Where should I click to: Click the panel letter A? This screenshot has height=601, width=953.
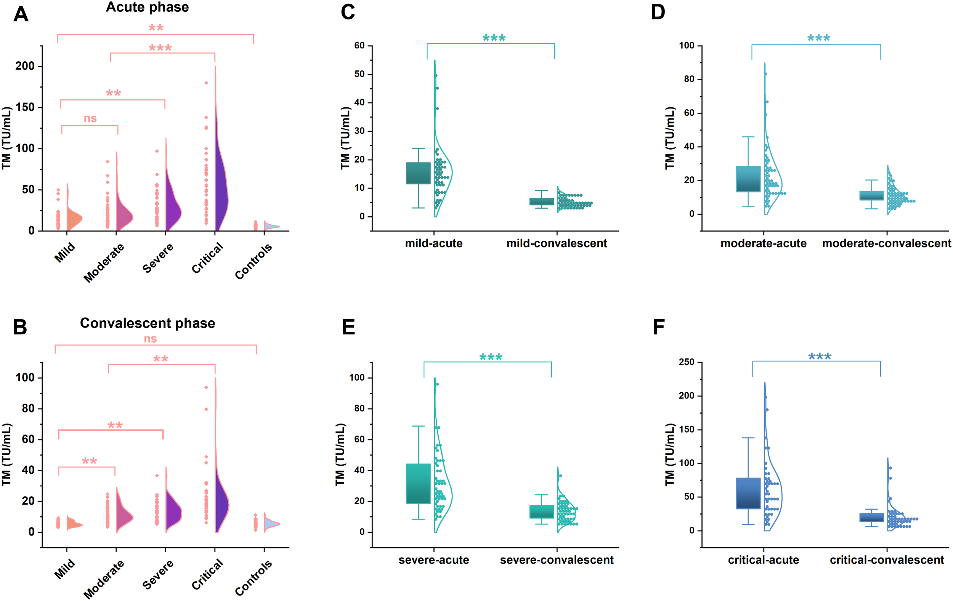point(21,14)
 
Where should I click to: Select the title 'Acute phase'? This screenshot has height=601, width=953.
point(147,7)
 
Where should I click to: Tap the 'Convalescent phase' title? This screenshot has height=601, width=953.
point(147,323)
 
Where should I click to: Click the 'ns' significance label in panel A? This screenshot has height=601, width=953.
point(90,118)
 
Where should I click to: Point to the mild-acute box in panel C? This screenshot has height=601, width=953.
point(418,173)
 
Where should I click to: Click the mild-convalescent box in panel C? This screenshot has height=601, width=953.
point(541,201)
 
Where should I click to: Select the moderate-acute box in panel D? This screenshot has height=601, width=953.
point(748,179)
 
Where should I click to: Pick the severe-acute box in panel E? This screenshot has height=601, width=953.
point(418,483)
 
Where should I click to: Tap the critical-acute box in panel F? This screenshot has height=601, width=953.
point(748,493)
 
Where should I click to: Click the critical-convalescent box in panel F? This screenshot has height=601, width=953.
point(871,518)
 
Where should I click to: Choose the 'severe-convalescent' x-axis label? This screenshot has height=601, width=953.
point(557,560)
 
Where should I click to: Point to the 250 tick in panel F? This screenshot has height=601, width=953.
point(686,362)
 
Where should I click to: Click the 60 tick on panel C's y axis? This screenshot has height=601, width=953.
point(359,45)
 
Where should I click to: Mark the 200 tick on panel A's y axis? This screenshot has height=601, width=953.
point(25,66)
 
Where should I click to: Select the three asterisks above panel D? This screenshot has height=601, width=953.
point(818,38)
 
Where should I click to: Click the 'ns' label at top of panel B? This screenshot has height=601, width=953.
point(150,339)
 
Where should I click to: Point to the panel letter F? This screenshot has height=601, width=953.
point(659,327)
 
